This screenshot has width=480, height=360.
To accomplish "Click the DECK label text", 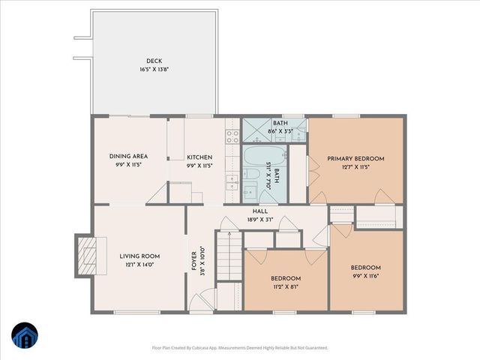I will point(154,61).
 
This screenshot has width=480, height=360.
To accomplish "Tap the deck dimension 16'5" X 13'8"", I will point(154,69).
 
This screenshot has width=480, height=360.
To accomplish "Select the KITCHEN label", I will point(200,157).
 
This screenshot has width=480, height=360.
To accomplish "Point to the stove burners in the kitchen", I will point(232,136).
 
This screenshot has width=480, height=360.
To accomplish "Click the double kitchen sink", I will point(232,183).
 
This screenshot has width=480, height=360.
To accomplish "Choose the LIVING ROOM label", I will point(140,256).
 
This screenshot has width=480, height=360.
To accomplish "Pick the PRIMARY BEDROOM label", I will point(355,158).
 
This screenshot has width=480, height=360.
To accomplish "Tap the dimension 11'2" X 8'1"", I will point(286,286).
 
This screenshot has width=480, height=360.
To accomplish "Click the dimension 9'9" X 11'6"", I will point(365,275).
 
